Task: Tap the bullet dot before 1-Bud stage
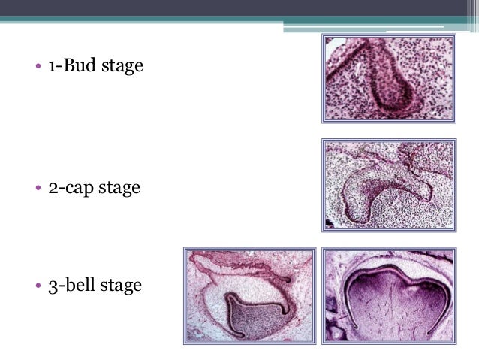(26, 68)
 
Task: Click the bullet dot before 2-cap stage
(26, 188)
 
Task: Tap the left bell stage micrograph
(249, 295)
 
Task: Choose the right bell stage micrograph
(388, 295)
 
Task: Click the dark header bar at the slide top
(239, 8)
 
